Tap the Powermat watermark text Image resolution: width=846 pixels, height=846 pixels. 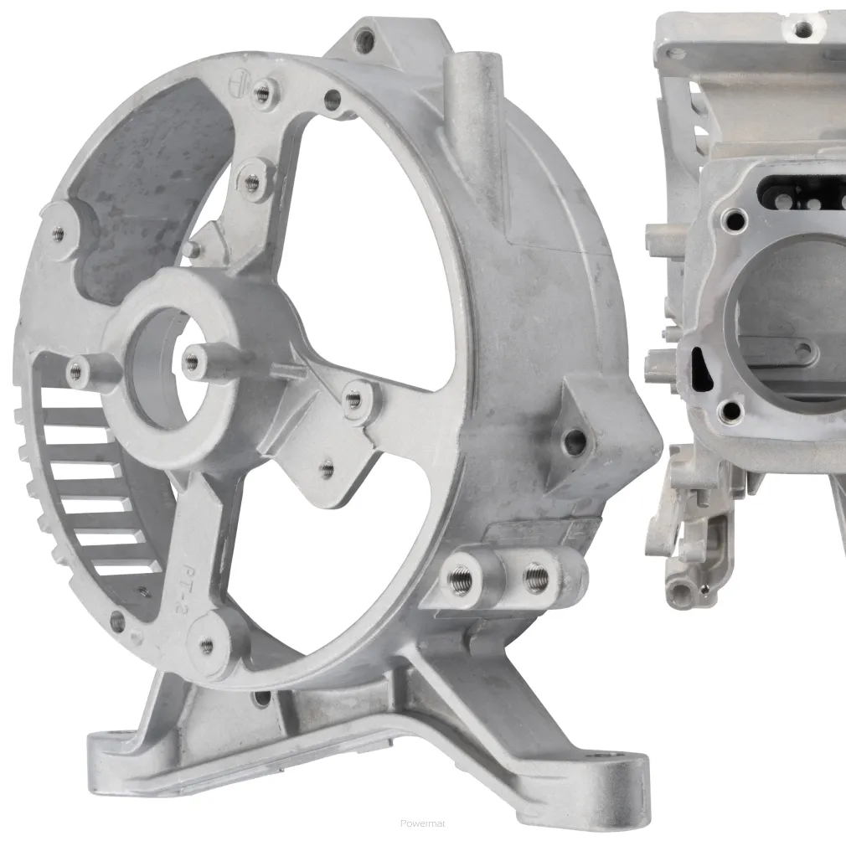423,823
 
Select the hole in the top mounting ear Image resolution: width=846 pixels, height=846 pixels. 364,37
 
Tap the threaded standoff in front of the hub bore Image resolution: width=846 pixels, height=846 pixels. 193,361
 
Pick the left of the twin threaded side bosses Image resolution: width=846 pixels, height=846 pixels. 460,579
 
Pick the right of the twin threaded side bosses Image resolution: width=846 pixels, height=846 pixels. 535,576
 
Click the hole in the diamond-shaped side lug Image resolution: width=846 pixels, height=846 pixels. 575,442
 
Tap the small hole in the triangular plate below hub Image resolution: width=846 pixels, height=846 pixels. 327,469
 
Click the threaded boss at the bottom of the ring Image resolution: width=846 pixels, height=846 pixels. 206,644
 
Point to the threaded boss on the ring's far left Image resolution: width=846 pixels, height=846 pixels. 58,235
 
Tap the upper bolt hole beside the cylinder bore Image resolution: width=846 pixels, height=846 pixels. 735,220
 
